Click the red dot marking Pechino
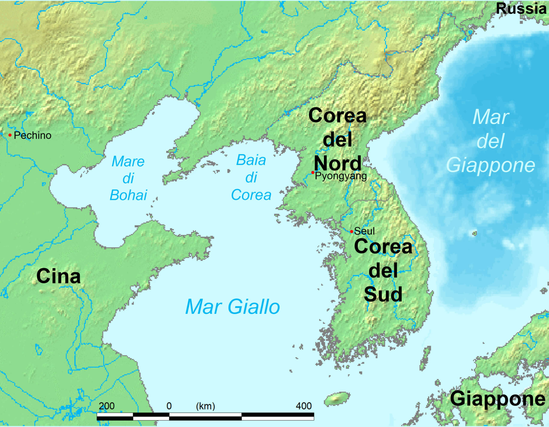point(10,135)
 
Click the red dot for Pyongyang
point(313,172)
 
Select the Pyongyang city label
point(341,176)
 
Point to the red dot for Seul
point(351,231)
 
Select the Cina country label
point(59,276)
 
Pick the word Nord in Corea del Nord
point(337,163)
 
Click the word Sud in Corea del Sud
point(383,294)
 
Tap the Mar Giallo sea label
point(232,307)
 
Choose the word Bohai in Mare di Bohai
point(128,195)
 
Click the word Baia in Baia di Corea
point(251,160)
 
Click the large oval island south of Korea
point(337,399)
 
